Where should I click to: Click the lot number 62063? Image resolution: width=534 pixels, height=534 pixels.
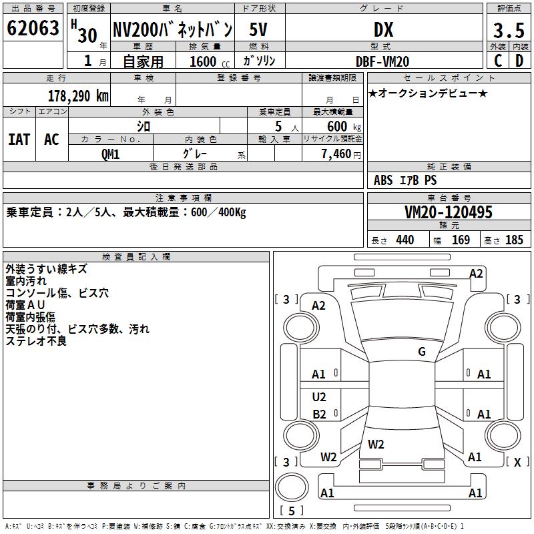tap(33, 29)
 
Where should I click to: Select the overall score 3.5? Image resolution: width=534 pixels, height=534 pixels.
tap(507, 31)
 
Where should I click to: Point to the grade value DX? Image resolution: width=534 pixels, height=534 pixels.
tap(383, 29)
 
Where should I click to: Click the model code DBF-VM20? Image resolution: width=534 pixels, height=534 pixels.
tap(382, 61)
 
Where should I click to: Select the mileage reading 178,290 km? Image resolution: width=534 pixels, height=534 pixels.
tap(78, 95)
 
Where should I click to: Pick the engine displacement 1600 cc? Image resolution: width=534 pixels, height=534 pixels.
tap(206, 61)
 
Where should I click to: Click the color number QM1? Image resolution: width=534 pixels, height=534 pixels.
tap(110, 153)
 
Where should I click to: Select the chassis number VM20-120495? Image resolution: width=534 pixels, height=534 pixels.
tap(449, 212)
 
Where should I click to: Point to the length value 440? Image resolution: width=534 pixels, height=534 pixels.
tap(405, 240)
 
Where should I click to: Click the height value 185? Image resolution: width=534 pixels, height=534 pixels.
tap(514, 240)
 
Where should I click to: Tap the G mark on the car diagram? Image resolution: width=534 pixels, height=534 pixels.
tap(422, 352)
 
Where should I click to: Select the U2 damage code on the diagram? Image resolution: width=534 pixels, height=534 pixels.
tap(319, 397)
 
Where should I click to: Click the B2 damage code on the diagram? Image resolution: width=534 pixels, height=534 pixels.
tap(319, 415)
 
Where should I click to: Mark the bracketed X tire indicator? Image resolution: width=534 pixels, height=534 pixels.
tap(517, 462)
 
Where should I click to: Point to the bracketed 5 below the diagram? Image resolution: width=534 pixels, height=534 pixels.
tap(291, 511)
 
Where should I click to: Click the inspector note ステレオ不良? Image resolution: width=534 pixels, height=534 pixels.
tap(36, 341)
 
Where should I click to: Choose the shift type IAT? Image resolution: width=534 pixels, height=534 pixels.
tap(19, 140)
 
